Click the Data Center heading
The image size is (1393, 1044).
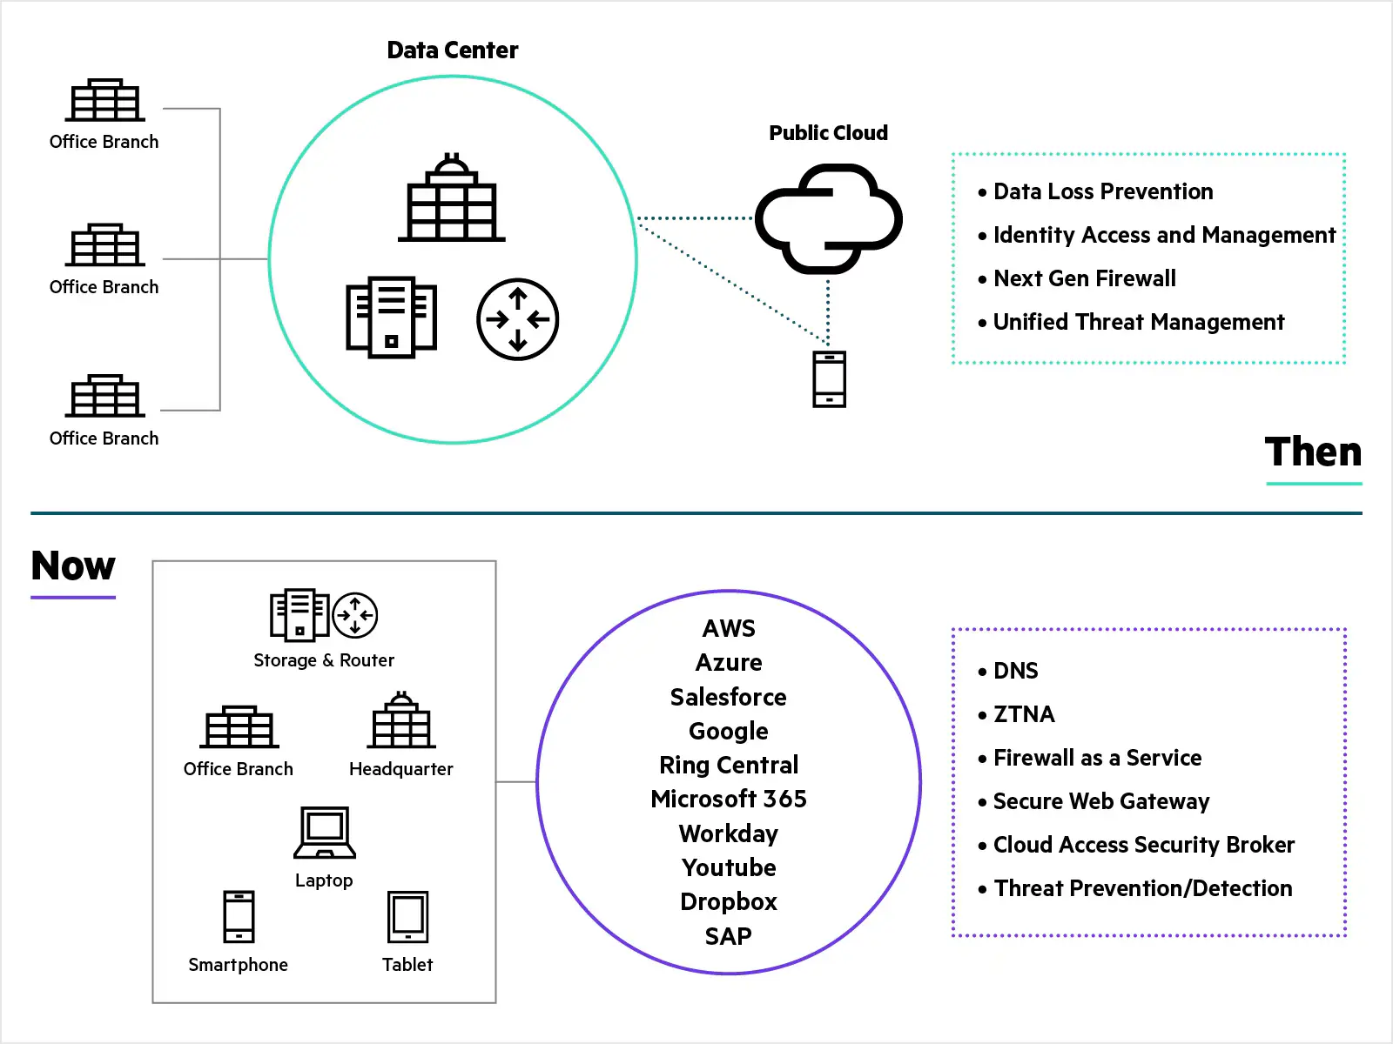click(x=452, y=50)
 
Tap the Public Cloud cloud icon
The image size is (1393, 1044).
click(x=828, y=218)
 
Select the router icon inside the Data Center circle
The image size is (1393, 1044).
click(x=517, y=319)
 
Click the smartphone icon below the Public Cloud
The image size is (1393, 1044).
click(x=829, y=379)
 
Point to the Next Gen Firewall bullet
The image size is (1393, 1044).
click(x=1084, y=278)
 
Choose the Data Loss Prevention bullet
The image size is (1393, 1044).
click(x=1102, y=191)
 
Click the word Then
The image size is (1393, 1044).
click(x=1313, y=452)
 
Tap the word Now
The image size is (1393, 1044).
click(x=73, y=565)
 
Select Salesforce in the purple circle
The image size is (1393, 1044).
click(x=728, y=697)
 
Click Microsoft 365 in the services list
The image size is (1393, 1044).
click(x=728, y=799)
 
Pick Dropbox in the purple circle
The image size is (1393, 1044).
click(x=728, y=901)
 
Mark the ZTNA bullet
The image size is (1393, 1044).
click(x=1024, y=714)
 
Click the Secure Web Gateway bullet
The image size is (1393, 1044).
click(x=1100, y=801)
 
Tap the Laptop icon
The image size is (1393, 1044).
click(x=325, y=833)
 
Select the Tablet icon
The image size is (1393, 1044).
click(x=407, y=917)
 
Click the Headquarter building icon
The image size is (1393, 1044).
click(x=401, y=721)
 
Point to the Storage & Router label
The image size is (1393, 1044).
click(x=324, y=660)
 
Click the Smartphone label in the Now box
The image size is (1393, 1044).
click(x=238, y=965)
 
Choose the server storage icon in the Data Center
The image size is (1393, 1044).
click(x=391, y=317)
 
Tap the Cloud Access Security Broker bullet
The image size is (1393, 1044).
click(x=1143, y=845)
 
